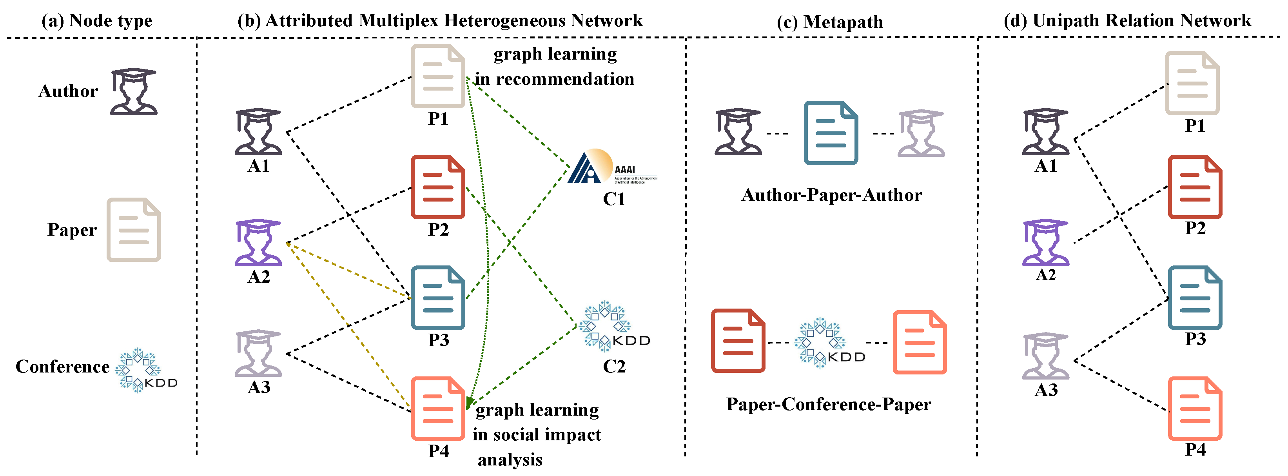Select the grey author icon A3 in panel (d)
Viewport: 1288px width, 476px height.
click(1045, 356)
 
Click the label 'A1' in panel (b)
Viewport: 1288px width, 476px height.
click(258, 166)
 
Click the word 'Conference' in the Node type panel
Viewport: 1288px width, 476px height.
click(62, 367)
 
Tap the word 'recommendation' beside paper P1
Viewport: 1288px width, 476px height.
click(564, 79)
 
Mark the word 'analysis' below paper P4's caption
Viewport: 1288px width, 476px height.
click(510, 459)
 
